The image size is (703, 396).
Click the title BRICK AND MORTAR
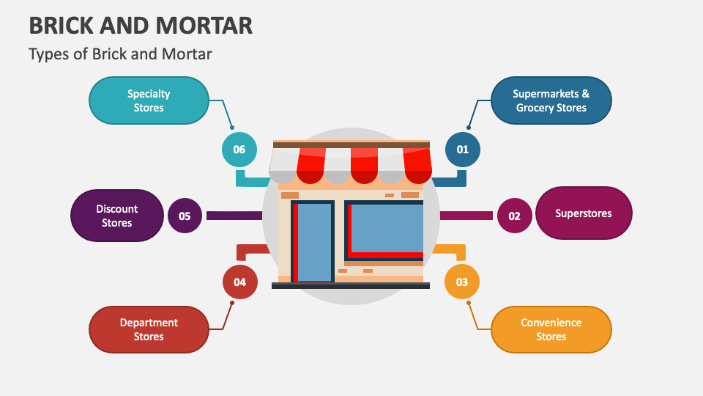141,26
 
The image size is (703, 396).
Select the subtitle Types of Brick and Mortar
120,54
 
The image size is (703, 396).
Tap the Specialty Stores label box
149,100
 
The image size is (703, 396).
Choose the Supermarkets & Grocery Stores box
551,100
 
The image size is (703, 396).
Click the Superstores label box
583,213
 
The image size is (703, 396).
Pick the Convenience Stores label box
551,329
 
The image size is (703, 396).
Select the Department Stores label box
149,329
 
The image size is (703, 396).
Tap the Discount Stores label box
116,216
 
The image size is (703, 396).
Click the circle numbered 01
463,150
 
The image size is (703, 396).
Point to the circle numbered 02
514,216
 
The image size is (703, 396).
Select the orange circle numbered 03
462,282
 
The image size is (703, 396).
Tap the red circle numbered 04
240,282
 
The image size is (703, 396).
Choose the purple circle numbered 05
185,216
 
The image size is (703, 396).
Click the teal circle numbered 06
239,150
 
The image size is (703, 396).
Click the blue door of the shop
315,242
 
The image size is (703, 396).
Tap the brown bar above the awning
351,145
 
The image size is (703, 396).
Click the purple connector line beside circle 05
234,216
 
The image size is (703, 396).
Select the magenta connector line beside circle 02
466,216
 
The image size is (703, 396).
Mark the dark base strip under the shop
350,285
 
